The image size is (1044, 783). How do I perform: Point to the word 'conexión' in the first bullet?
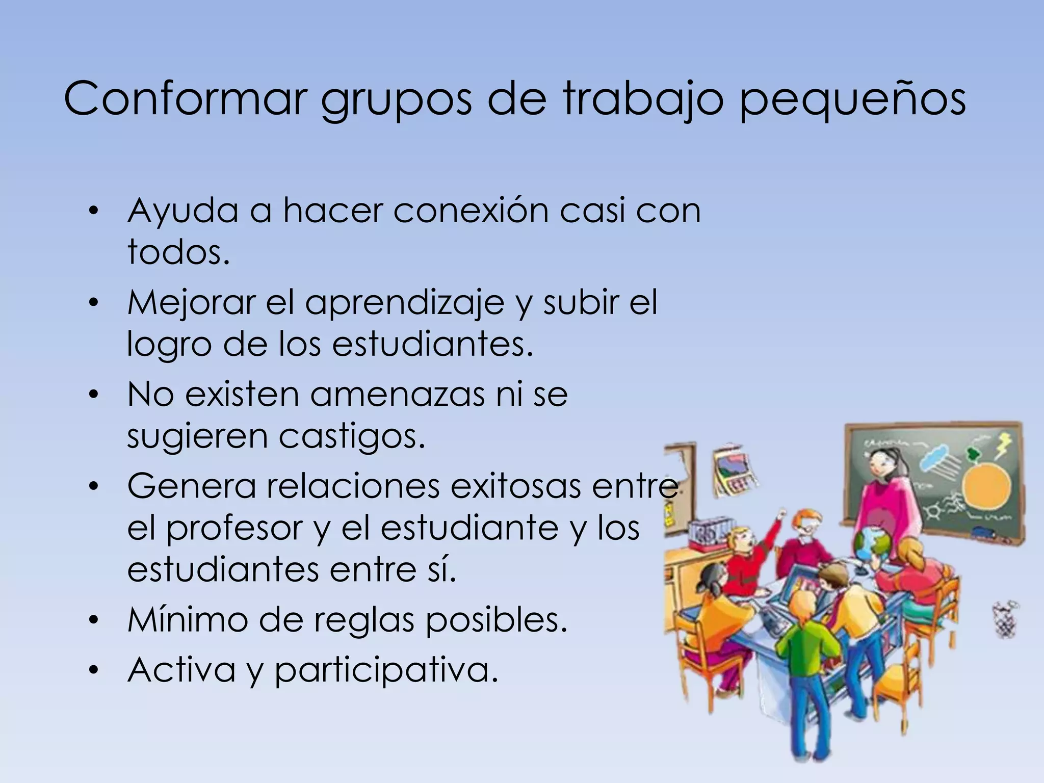[471, 210]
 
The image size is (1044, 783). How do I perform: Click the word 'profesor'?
[235, 529]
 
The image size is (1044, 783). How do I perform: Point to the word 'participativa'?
[386, 670]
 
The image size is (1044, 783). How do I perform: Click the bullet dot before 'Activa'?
[92, 670]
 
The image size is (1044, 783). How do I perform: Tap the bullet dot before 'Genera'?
[92, 486]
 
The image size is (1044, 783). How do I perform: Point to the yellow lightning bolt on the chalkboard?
[1002, 445]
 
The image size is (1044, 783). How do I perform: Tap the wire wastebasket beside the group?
[1006, 619]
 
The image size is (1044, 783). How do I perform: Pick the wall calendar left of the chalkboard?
[734, 472]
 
